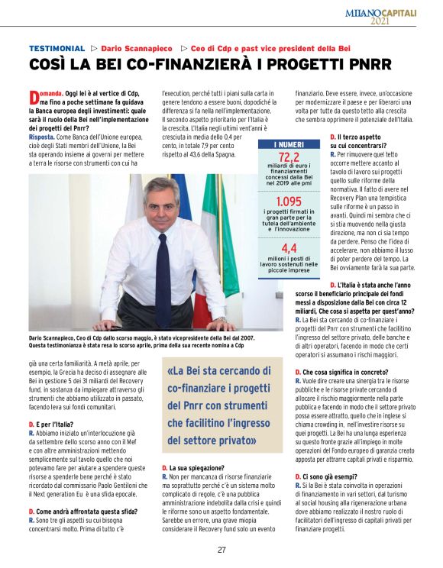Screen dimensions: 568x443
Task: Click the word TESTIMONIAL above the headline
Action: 57,47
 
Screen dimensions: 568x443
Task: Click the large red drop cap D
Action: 34,97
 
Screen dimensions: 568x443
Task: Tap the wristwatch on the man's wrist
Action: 221,319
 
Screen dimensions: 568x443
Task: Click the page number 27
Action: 221,550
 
